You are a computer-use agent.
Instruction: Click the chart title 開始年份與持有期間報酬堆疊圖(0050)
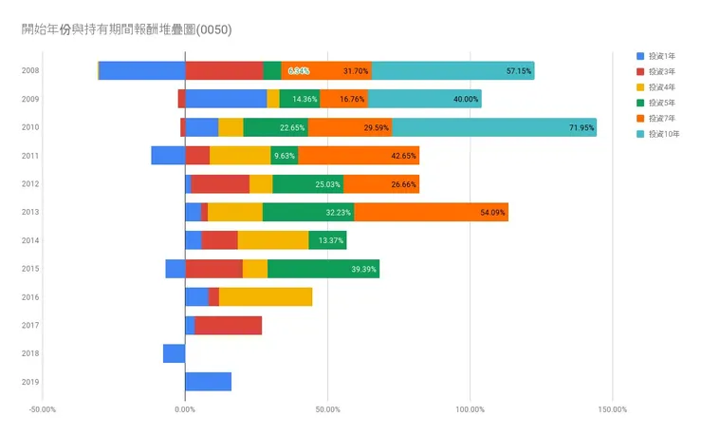click(126, 29)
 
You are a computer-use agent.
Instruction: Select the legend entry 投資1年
click(662, 56)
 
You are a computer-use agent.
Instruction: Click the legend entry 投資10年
click(664, 134)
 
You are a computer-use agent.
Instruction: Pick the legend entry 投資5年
click(662, 103)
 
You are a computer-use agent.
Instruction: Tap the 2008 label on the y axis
click(30, 70)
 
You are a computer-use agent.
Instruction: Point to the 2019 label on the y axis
click(30, 382)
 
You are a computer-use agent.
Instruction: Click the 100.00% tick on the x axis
click(470, 410)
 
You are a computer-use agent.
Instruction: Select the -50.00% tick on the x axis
click(43, 410)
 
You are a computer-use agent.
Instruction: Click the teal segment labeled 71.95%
click(493, 127)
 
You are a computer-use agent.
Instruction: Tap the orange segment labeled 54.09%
click(431, 212)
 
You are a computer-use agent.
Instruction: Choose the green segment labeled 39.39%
click(323, 269)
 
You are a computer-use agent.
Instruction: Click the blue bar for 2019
click(208, 382)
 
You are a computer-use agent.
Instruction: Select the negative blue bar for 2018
click(174, 353)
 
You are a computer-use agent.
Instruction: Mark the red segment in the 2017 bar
click(228, 326)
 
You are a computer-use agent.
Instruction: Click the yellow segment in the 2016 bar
click(266, 297)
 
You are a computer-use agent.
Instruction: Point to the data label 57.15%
click(519, 71)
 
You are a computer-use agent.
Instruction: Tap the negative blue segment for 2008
click(142, 70)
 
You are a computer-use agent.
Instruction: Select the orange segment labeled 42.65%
click(358, 156)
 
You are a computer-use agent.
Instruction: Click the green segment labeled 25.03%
click(307, 184)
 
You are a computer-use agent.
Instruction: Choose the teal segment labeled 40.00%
click(424, 99)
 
